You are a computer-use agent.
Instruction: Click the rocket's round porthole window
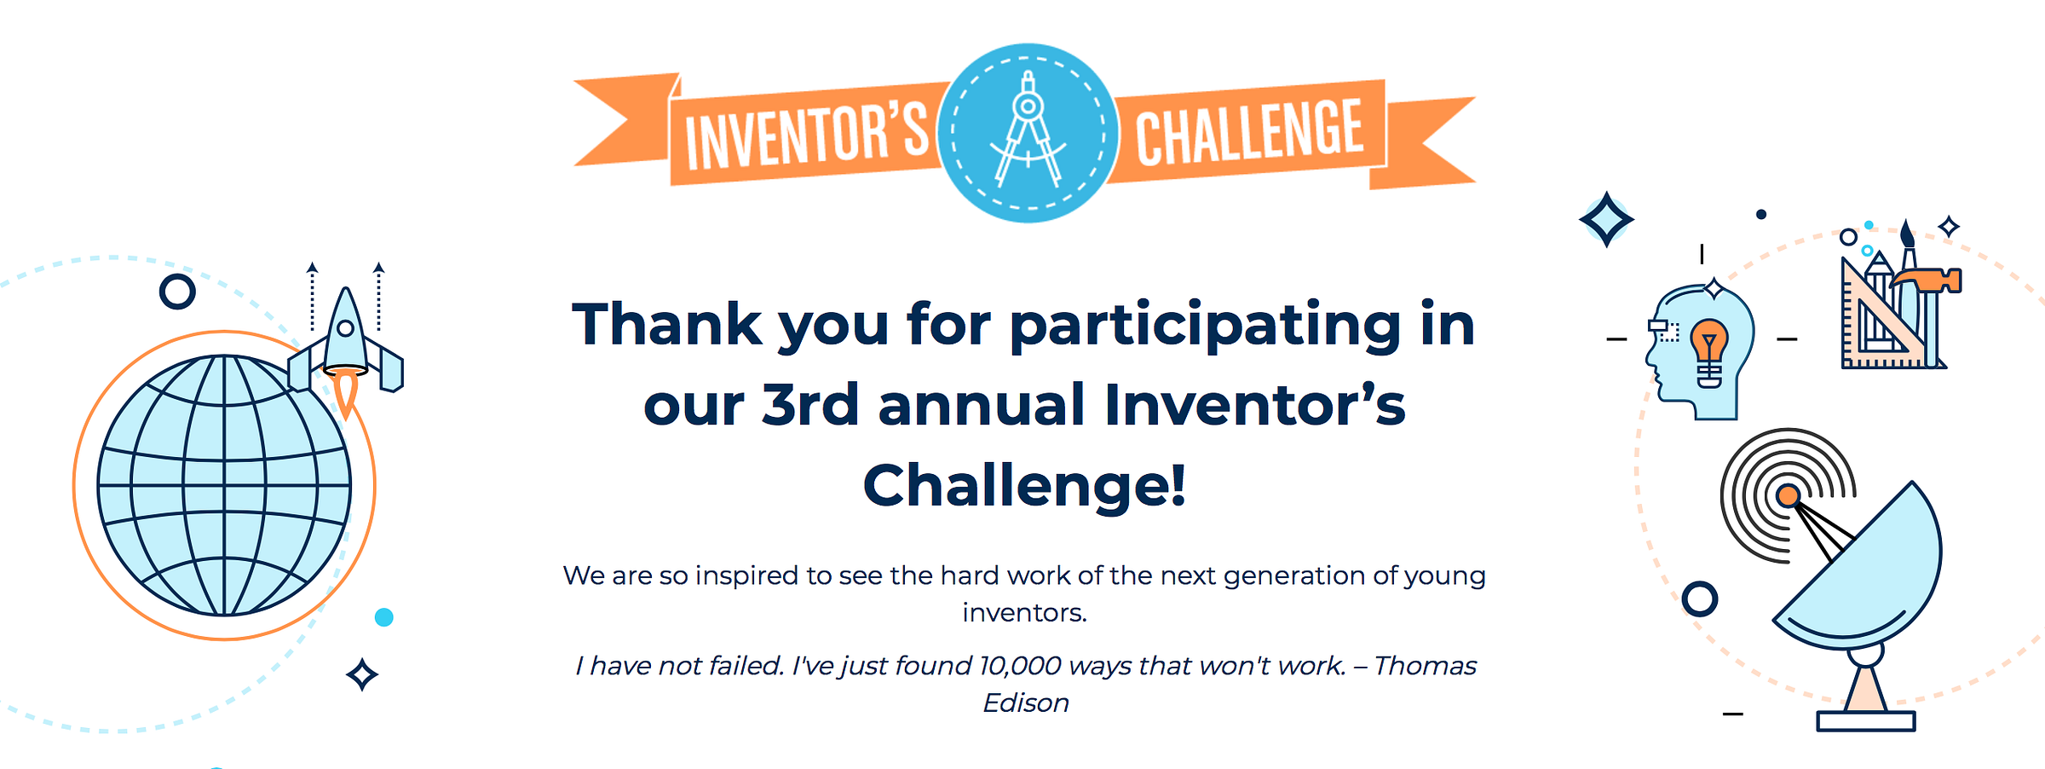coord(346,328)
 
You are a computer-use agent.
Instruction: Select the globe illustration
coord(224,485)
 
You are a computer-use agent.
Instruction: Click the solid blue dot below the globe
coord(384,617)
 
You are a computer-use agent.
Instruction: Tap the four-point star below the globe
coord(362,674)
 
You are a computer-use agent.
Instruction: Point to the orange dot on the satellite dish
coord(1788,495)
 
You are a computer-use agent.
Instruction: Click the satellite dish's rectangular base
coord(1866,721)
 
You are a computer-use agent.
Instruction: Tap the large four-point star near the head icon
coord(1606,219)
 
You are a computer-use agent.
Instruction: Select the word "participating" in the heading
coord(1205,327)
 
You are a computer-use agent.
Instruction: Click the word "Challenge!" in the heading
coord(1024,485)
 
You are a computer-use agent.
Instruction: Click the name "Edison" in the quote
coord(1026,703)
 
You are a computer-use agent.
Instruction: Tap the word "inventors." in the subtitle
coord(1025,613)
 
